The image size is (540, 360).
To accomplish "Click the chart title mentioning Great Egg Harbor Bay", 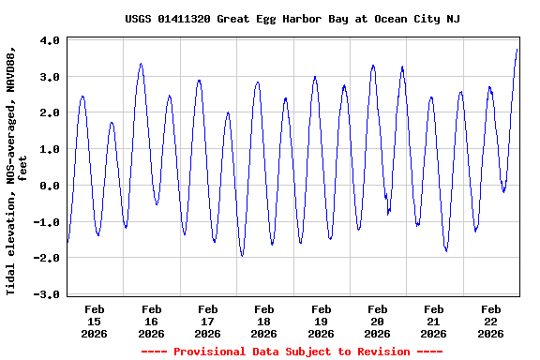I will pos(292,19).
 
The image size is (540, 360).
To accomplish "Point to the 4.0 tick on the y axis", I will pos(50,41).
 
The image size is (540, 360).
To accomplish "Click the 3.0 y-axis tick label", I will pos(50,77).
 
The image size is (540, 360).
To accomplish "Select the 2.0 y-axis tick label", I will pos(50,113).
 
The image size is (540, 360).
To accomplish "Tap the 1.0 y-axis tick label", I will pos(50,149).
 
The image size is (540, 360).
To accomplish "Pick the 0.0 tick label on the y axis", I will pos(50,186).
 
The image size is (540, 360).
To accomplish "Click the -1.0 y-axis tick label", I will pos(47,222).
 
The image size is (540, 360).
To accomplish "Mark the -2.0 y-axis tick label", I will pos(47,258).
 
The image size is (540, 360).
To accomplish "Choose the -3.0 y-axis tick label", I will pos(47,294).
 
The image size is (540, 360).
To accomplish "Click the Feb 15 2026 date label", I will pos(95,321).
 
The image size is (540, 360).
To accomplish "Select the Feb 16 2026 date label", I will pos(151,321).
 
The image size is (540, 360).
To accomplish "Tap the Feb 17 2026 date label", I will pos(207,321).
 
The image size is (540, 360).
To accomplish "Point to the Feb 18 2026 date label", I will pos(264,321).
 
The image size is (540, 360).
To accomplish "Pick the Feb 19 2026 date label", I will pos(321,321).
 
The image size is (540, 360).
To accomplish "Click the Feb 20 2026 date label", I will pos(377,321).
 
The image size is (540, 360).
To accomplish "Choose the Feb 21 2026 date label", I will pos(433,321).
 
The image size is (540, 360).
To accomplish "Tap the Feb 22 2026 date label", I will pos(490,321).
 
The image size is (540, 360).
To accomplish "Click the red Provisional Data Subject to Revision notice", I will pos(292,352).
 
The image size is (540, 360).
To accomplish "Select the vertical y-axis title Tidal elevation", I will pos(16,167).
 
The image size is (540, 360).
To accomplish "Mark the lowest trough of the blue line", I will pos(242,255).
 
